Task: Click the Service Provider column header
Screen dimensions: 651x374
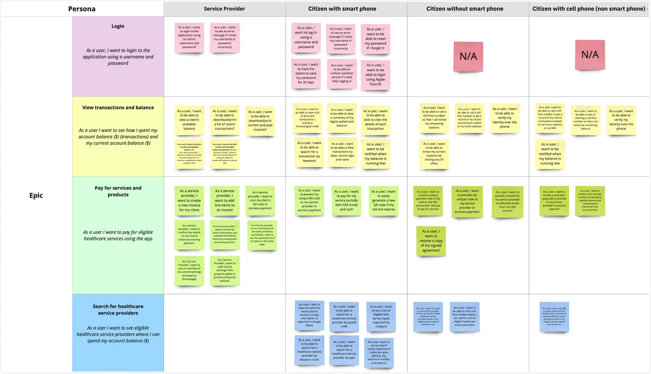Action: [224, 9]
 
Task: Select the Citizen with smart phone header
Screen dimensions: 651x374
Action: [342, 9]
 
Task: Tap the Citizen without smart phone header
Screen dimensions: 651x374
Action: [465, 9]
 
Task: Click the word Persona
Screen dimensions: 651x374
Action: [82, 9]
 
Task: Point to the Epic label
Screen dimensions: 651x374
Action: [36, 195]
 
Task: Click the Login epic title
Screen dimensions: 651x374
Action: [118, 26]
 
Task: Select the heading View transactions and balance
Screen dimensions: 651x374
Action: [118, 107]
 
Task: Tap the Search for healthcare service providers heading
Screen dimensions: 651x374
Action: [118, 310]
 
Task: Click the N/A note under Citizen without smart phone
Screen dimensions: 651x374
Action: [468, 56]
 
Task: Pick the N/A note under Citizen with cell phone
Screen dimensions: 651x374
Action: [590, 55]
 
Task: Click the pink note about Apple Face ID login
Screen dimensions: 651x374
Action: [375, 75]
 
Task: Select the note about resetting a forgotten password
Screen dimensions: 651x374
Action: [375, 39]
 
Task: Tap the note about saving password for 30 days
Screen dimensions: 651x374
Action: [306, 73]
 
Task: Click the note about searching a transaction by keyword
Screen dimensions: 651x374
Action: [309, 152]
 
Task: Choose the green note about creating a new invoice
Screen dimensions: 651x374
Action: [189, 200]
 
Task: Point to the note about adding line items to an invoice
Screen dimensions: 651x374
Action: [224, 200]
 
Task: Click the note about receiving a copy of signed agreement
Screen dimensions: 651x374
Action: [431, 241]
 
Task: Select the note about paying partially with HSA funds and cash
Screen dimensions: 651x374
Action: [346, 200]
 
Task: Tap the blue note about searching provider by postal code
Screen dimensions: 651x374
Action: [344, 316]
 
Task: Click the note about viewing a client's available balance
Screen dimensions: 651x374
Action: [189, 120]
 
